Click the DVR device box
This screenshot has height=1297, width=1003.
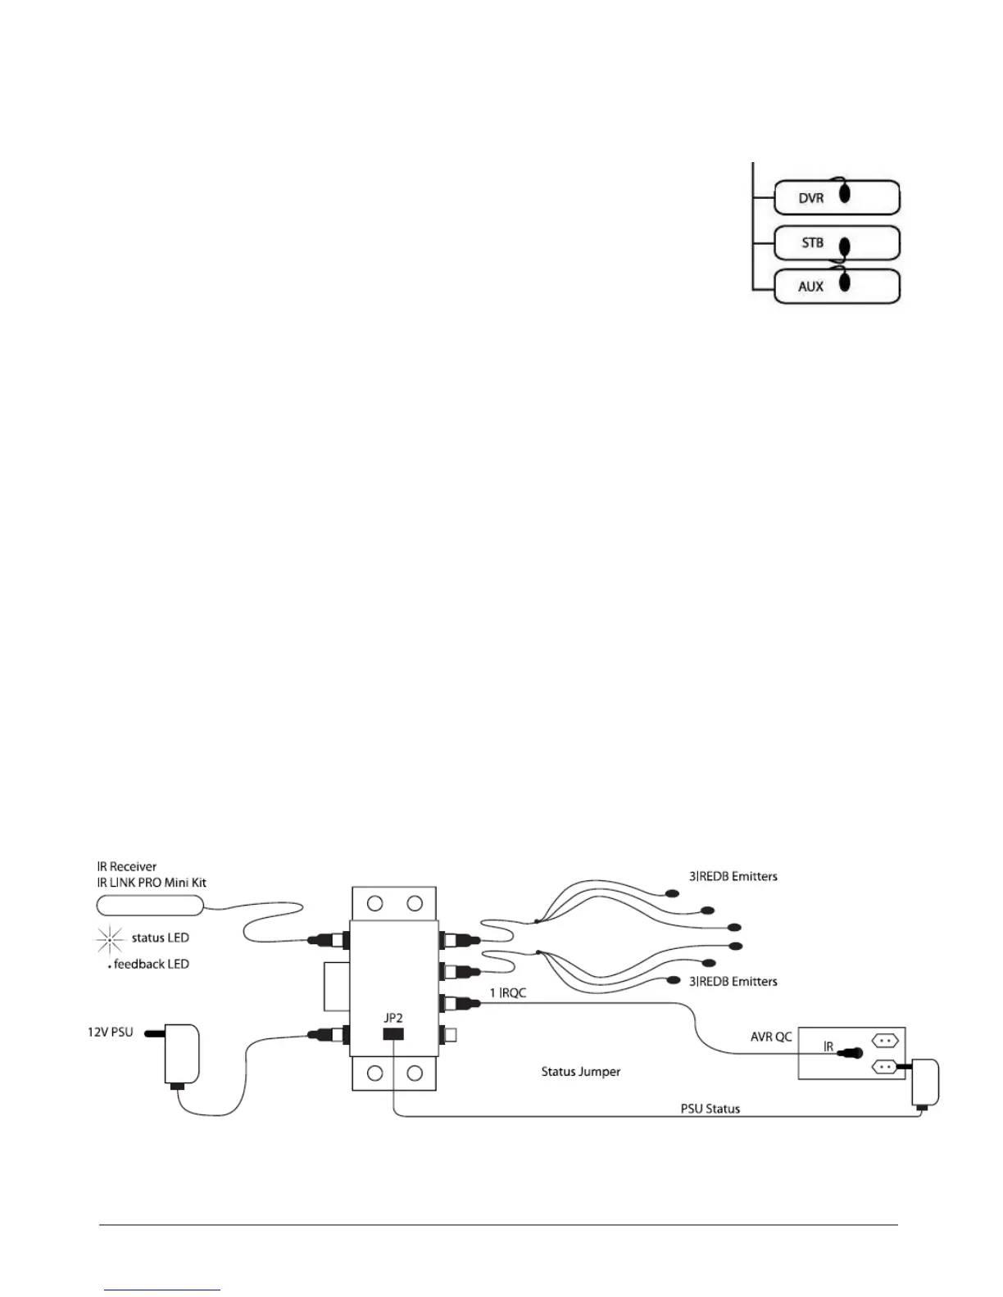tap(837, 197)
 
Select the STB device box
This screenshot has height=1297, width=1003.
tap(837, 243)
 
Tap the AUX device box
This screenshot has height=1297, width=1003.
tap(837, 287)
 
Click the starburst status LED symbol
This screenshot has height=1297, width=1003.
tap(110, 938)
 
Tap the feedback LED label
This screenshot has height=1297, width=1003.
tap(151, 965)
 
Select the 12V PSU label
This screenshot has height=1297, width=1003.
tap(111, 1032)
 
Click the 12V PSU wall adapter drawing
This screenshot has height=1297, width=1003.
tap(179, 1055)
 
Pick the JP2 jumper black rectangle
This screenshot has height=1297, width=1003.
tap(393, 1034)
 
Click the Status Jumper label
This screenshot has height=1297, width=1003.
tap(581, 1071)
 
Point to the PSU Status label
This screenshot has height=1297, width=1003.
tap(710, 1109)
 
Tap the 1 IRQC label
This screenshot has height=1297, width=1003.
tap(508, 993)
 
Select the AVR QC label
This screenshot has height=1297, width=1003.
tap(772, 1037)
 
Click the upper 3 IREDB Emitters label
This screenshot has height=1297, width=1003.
tap(733, 876)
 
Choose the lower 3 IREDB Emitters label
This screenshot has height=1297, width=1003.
tap(733, 981)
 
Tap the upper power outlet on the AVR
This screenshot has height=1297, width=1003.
tap(886, 1041)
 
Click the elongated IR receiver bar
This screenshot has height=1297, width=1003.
tap(150, 905)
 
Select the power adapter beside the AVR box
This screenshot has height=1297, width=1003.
tap(925, 1083)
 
